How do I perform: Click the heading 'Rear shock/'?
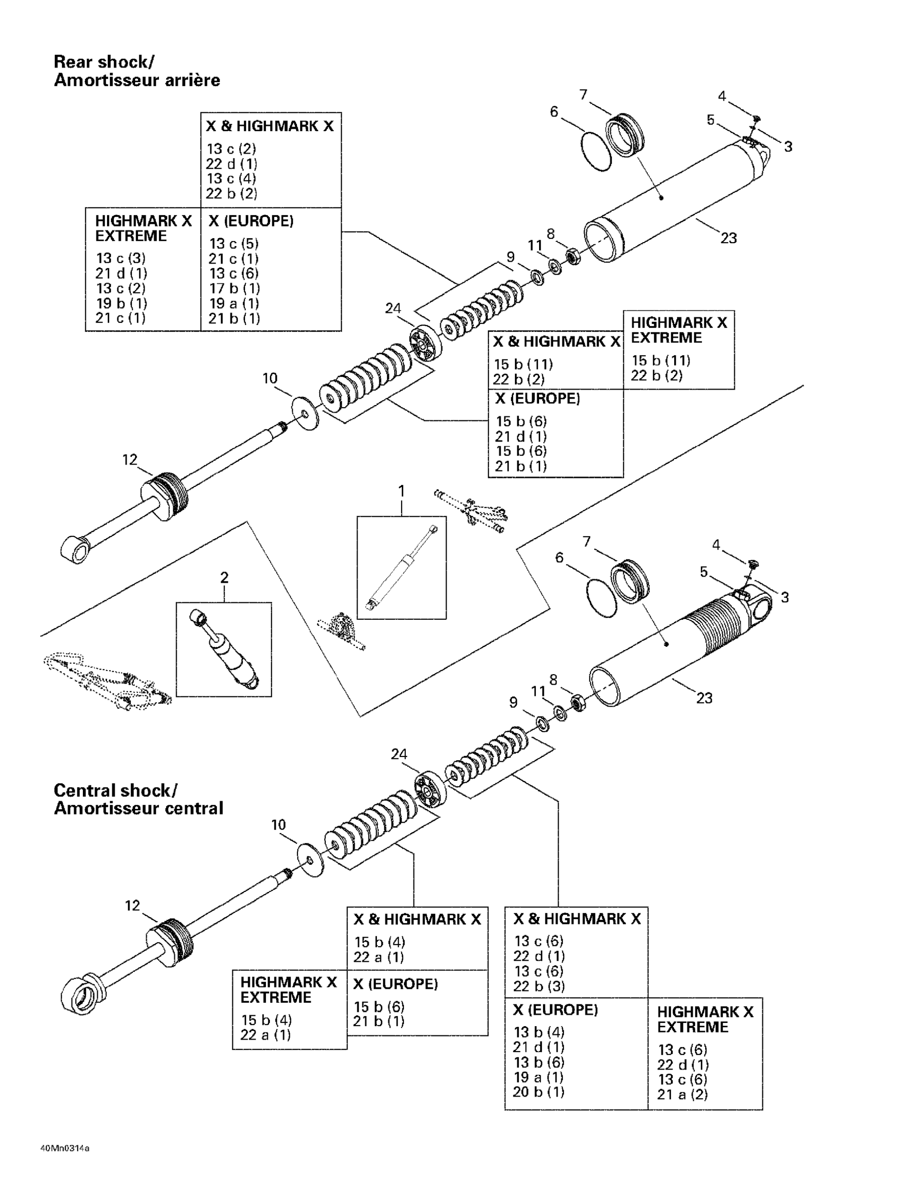click(x=103, y=61)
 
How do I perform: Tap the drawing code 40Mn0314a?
click(x=65, y=1149)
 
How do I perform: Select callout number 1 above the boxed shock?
click(x=402, y=491)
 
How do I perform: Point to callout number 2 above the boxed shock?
click(x=224, y=577)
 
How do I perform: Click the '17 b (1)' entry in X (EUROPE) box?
click(x=235, y=288)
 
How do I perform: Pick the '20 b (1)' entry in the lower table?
click(x=538, y=1092)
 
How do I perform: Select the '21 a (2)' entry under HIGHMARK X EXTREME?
click(x=682, y=1094)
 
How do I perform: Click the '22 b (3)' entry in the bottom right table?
click(x=539, y=986)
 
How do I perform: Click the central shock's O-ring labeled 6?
click(x=601, y=597)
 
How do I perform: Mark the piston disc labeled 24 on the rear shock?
click(x=426, y=344)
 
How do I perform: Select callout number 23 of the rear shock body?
click(x=728, y=238)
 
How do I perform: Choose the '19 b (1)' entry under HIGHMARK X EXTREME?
click(x=121, y=303)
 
